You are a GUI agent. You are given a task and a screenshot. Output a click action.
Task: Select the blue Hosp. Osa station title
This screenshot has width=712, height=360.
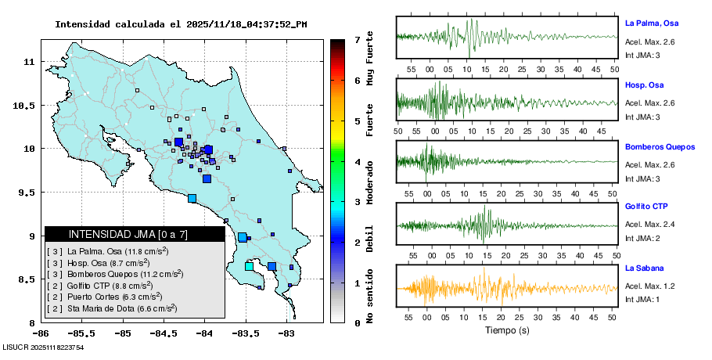click(644, 85)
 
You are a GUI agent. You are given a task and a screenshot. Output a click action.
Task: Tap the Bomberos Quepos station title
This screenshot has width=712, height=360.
click(660, 146)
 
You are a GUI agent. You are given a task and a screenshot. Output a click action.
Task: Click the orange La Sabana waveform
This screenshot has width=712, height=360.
click(506, 288)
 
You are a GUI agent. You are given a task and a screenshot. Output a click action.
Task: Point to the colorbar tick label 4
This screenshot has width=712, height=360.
click(357, 162)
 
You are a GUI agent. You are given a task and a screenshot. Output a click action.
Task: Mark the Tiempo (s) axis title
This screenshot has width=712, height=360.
click(506, 330)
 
